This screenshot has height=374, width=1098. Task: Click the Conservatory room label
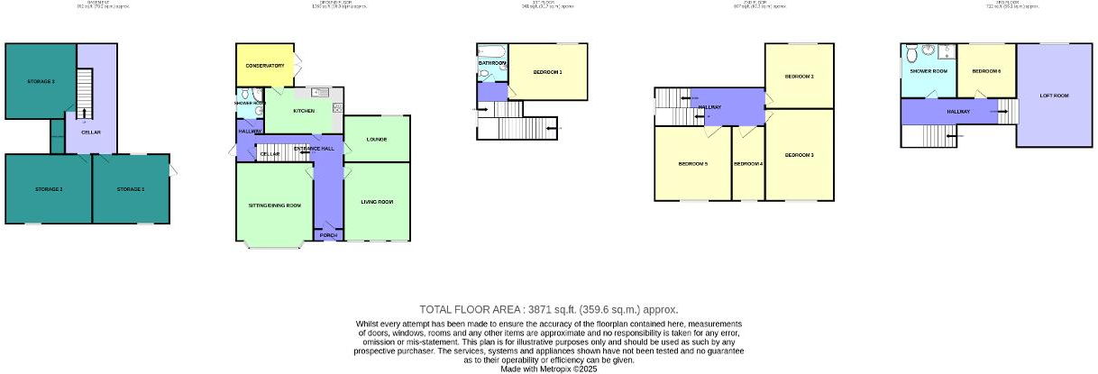[263, 66]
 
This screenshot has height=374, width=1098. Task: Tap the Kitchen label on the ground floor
[303, 111]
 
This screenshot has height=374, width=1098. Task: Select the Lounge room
[377, 139]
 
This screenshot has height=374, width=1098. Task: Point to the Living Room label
[377, 201]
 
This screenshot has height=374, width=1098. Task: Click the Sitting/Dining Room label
[274, 205]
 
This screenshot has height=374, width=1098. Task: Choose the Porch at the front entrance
[328, 235]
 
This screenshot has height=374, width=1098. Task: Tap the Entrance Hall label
[314, 148]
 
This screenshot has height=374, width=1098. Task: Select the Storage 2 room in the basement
[49, 189]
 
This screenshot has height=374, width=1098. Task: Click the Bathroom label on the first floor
[492, 63]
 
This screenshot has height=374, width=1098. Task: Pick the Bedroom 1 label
[547, 72]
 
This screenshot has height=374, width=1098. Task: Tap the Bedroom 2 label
[799, 77]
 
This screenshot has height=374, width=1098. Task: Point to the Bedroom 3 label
[799, 156]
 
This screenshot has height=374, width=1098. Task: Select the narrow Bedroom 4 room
[747, 164]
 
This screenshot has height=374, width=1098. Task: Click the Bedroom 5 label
[692, 164]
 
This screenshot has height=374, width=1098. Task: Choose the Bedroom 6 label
[985, 70]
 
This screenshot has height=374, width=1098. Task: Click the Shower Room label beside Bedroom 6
[928, 70]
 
